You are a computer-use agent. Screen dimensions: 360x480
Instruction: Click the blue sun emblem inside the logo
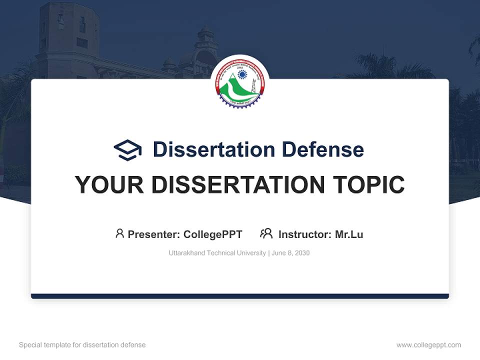coord(242,74)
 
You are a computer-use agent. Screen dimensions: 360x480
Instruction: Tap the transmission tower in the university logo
coord(253,86)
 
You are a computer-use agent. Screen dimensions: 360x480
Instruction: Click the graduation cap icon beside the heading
coord(127,149)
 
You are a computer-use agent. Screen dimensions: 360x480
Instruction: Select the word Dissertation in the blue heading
coord(213,149)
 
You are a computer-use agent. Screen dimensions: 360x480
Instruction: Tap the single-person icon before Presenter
coord(119,233)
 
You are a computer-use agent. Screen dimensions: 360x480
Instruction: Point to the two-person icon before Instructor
coord(266,233)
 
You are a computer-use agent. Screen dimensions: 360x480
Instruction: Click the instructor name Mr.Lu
coord(349,234)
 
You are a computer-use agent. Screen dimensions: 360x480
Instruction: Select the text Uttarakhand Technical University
coord(217,253)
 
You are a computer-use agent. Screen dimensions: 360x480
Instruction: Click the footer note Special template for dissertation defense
coord(82,345)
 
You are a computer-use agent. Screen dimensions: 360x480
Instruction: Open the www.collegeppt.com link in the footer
coord(428,345)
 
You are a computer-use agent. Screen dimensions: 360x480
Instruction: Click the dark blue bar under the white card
coord(240,296)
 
